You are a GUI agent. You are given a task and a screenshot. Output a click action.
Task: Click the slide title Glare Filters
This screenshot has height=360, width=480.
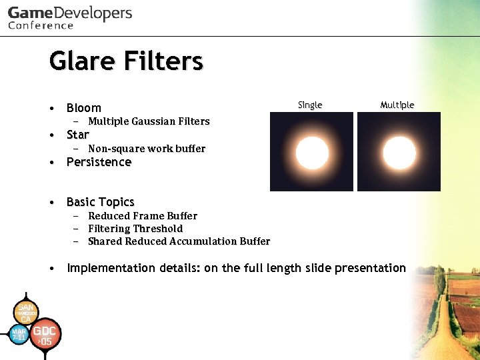coord(126,61)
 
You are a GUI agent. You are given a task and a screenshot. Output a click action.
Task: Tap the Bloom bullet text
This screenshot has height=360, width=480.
coord(84,108)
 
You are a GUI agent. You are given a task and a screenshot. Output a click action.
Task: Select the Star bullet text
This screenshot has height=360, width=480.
coord(78,135)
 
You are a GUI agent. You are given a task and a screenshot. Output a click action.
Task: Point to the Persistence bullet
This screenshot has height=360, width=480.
coord(99,162)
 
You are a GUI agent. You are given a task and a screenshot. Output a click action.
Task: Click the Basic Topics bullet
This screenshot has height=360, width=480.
coord(100,202)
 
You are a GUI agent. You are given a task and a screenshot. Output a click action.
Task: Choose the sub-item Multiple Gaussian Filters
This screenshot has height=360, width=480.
coord(149,121)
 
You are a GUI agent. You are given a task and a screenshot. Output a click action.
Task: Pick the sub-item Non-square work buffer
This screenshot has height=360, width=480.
coord(147,149)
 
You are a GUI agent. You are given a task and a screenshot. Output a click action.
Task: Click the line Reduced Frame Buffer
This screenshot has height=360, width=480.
coord(143,216)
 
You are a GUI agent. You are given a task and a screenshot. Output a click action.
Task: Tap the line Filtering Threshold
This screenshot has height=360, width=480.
coord(135,229)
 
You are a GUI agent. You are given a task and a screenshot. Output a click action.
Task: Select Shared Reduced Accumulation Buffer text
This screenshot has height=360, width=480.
coord(179,241)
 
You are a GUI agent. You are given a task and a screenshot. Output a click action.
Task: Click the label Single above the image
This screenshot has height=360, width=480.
coord(310,105)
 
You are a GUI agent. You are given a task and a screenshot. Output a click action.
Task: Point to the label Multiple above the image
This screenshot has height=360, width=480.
coord(397,105)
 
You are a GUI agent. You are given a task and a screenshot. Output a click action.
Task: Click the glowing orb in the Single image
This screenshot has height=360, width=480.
coord(311,153)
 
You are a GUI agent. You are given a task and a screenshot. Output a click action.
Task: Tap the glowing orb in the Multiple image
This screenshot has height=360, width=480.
coord(399,153)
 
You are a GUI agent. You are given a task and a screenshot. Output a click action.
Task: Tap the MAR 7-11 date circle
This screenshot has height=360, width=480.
coord(19,334)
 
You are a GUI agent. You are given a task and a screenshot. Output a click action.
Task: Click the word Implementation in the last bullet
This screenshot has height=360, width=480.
coord(111,268)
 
